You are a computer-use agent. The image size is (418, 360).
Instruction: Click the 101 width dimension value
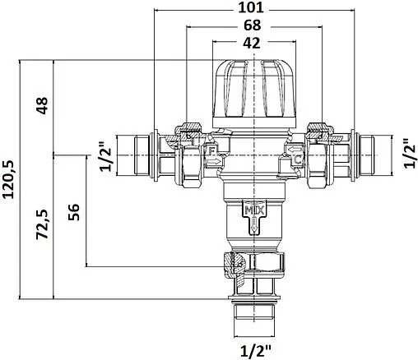(x=251, y=7)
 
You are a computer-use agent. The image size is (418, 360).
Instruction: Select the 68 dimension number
(x=253, y=25)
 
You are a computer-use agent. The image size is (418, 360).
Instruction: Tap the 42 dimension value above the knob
(x=252, y=43)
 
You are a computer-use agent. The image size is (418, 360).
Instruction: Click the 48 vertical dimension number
(x=42, y=106)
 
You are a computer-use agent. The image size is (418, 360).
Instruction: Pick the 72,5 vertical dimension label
(x=42, y=224)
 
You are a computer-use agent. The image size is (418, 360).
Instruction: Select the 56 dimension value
(x=73, y=212)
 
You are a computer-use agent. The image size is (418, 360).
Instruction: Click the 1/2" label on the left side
(x=106, y=156)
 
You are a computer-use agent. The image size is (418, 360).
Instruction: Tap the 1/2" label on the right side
(x=411, y=153)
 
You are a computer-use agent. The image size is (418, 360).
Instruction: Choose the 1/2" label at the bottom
(x=256, y=351)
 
